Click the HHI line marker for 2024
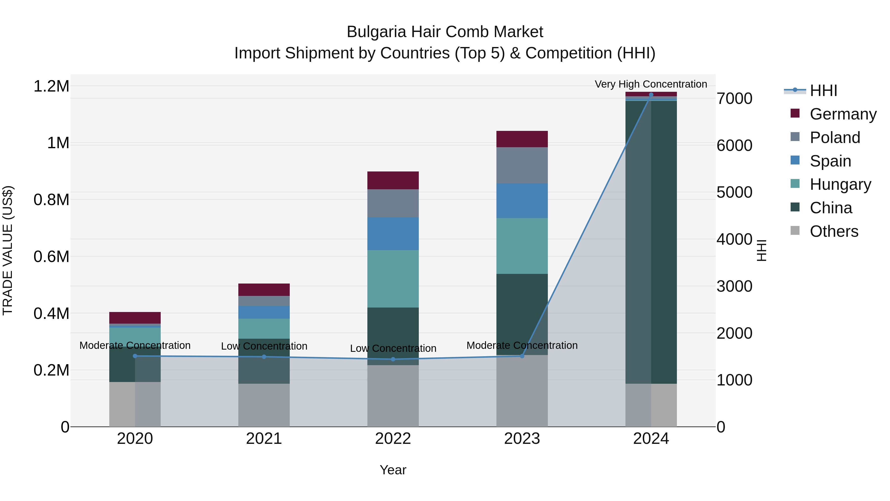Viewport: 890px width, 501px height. [651, 95]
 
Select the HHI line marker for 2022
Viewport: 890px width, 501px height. [393, 359]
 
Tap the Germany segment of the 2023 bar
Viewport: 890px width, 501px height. [522, 139]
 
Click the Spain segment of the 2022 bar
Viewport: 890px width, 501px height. [393, 234]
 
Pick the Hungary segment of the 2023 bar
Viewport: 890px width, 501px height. [522, 246]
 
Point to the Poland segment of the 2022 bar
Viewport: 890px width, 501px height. [393, 203]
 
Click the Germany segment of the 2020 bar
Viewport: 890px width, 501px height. [135, 318]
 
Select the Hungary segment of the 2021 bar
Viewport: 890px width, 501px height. [264, 329]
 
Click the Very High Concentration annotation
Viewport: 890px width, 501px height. [651, 84]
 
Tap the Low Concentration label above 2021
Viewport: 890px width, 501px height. [264, 346]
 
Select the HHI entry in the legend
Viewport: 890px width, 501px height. [823, 91]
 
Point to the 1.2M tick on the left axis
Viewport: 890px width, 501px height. [51, 86]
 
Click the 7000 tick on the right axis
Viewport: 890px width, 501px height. [734, 98]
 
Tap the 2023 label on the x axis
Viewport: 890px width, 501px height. [522, 439]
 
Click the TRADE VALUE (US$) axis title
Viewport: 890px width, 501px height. [8, 250]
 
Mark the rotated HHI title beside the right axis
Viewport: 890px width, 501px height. [761, 250]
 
